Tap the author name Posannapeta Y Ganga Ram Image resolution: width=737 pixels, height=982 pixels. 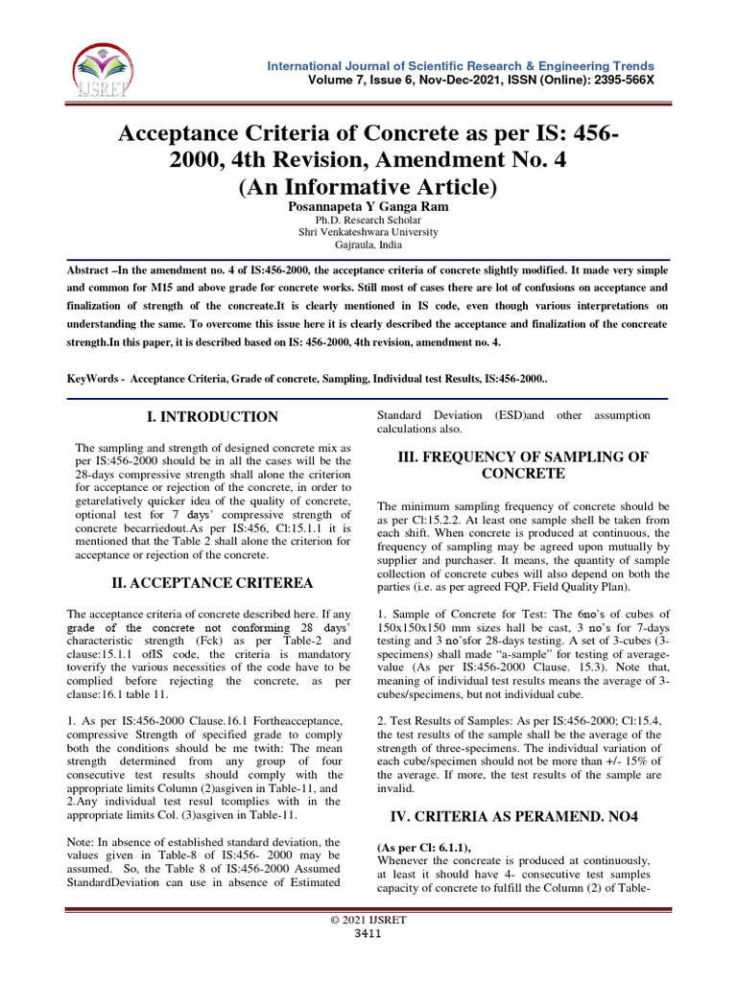[368, 205]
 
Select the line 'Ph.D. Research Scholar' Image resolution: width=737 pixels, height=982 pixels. [368, 220]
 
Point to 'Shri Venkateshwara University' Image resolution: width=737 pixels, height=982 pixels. [368, 232]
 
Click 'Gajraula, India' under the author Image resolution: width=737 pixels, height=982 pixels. [368, 245]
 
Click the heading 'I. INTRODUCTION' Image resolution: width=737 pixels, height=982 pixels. [211, 417]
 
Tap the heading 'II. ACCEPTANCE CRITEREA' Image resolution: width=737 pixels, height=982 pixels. [210, 583]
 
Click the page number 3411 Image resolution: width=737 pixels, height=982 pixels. [368, 934]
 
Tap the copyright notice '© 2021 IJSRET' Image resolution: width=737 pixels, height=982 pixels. [368, 921]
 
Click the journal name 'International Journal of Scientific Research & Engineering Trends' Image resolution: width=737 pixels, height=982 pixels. [461, 65]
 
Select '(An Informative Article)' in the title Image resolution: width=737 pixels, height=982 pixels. [368, 186]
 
